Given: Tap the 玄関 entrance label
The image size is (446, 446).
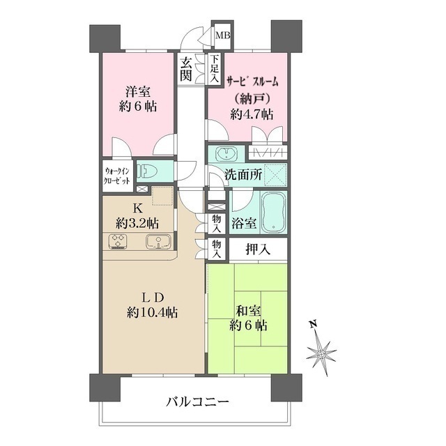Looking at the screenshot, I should point(187,69).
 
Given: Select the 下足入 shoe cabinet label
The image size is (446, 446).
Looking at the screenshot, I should point(215,69).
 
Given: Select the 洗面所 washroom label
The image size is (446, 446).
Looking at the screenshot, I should point(243,176).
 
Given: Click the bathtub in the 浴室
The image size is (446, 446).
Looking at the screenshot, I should point(272,213).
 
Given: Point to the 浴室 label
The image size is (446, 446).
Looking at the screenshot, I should point(243,226).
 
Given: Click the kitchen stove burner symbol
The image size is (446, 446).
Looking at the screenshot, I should point(118,242).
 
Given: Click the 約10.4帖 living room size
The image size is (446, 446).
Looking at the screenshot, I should point(151,312).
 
